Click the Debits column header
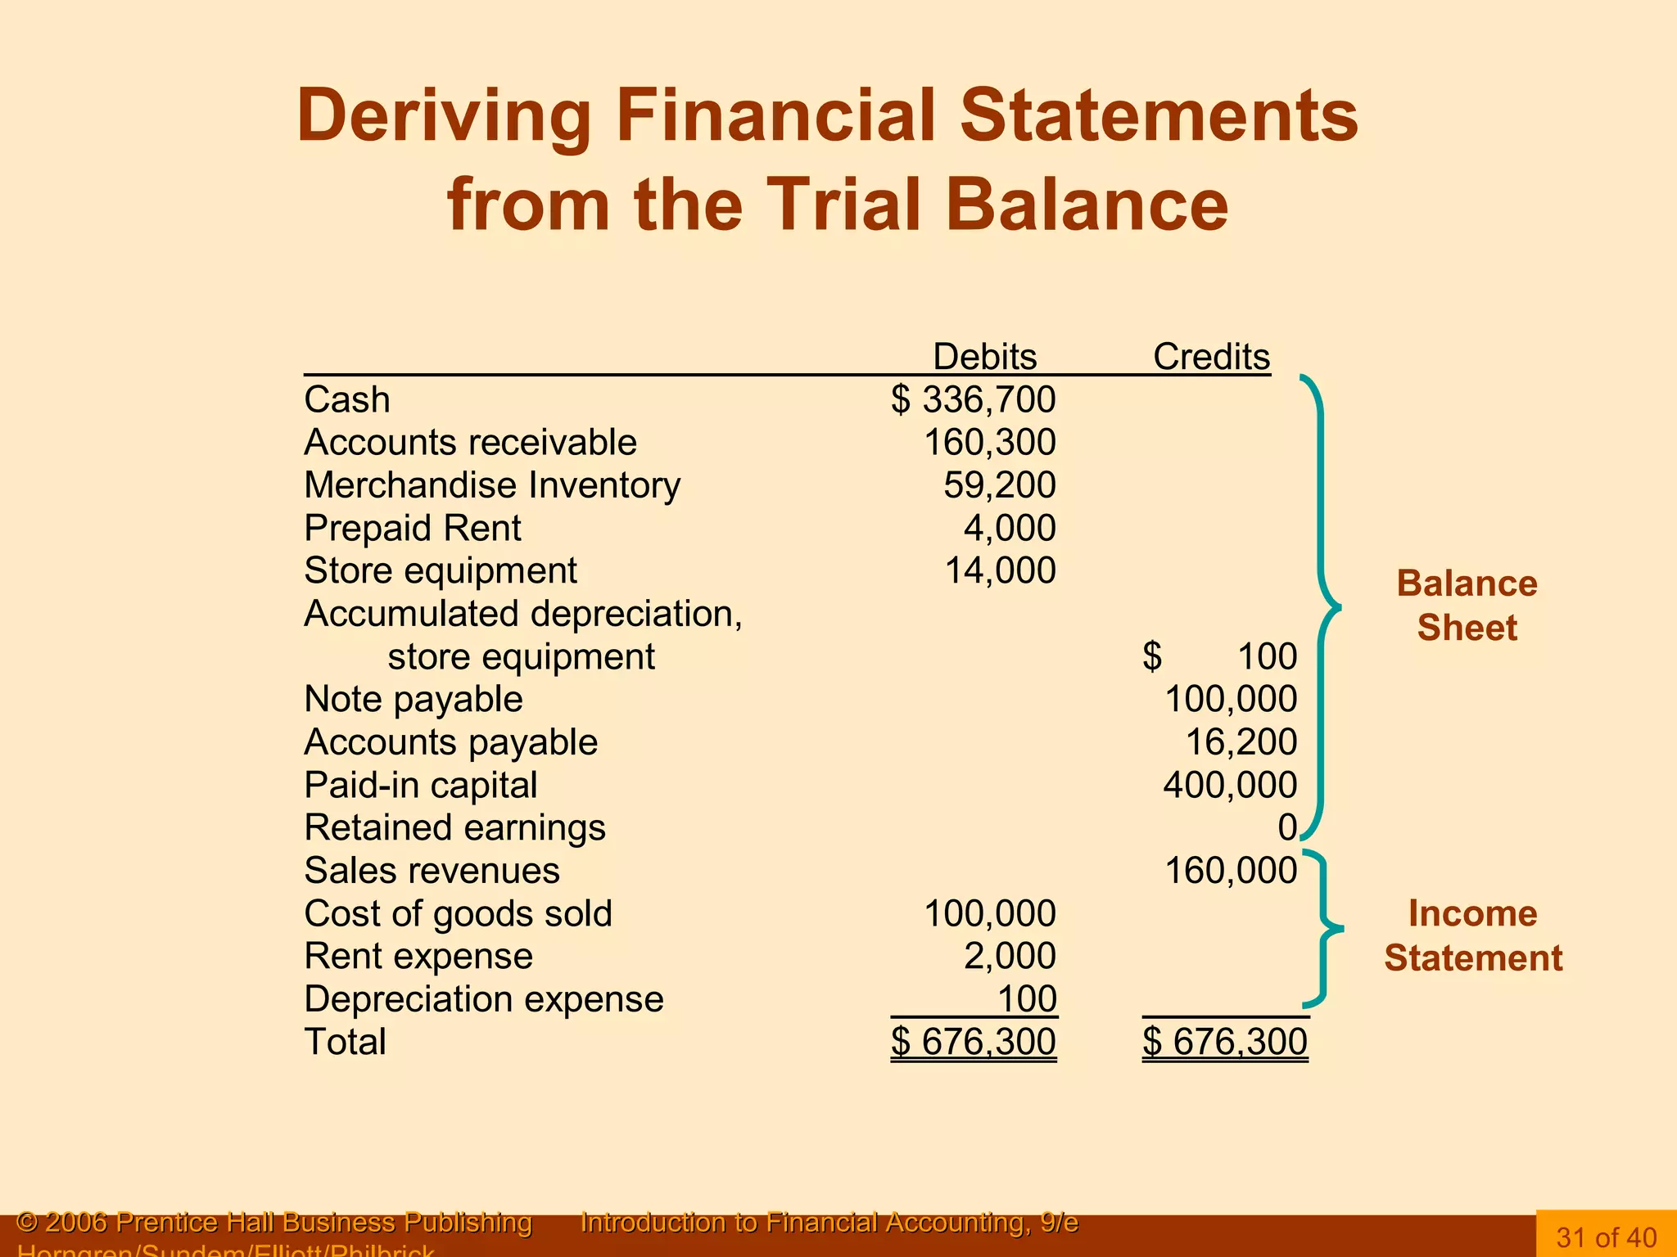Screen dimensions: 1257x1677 984,357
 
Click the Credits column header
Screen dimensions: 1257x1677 1211,357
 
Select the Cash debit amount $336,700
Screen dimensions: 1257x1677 974,400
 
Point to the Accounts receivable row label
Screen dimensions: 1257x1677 470,443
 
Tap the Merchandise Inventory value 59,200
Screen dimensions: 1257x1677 999,485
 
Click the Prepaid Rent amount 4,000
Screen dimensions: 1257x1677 1009,529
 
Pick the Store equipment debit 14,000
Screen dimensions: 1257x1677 1000,570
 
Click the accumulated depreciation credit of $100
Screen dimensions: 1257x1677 1220,656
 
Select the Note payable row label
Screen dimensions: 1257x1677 413,700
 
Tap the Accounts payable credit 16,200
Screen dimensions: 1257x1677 1241,742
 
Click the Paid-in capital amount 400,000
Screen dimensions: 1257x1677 1230,785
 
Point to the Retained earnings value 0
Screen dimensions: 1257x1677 1287,828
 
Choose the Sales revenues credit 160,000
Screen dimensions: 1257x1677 1231,871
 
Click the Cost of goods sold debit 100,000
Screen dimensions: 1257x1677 989,913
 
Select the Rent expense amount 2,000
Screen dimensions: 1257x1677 1009,956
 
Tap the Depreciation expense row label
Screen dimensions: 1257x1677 483,999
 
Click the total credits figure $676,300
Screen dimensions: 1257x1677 1225,1042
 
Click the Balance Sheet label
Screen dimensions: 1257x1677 1467,606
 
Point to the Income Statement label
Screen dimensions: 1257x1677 1472,935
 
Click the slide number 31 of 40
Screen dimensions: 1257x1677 1607,1237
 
